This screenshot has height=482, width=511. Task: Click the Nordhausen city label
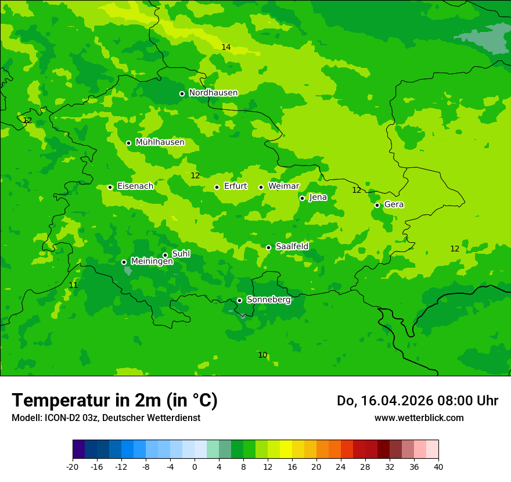[x=213, y=93]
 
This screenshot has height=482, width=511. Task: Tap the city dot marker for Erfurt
[x=217, y=187]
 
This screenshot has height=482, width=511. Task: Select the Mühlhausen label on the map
[x=160, y=142]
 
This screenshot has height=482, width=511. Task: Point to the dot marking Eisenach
[x=110, y=187]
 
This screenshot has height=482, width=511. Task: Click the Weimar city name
[x=283, y=186]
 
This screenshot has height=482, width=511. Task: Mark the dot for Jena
[x=302, y=198]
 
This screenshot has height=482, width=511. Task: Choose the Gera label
[x=394, y=204]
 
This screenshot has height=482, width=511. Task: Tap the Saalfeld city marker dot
[x=268, y=247]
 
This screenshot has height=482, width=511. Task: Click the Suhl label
[x=181, y=254]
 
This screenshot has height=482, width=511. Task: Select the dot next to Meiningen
[x=124, y=262]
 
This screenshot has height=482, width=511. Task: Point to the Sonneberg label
[x=268, y=300]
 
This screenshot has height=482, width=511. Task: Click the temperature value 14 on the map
[x=226, y=47]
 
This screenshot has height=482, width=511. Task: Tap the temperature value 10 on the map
[x=262, y=355]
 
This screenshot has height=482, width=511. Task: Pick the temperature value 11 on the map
[x=73, y=285]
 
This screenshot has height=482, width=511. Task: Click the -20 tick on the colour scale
[x=73, y=466]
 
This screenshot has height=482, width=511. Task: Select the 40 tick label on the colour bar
[x=438, y=466]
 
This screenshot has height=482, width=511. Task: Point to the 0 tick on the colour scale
[x=195, y=466]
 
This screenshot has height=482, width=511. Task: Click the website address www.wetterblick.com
[x=419, y=418]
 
